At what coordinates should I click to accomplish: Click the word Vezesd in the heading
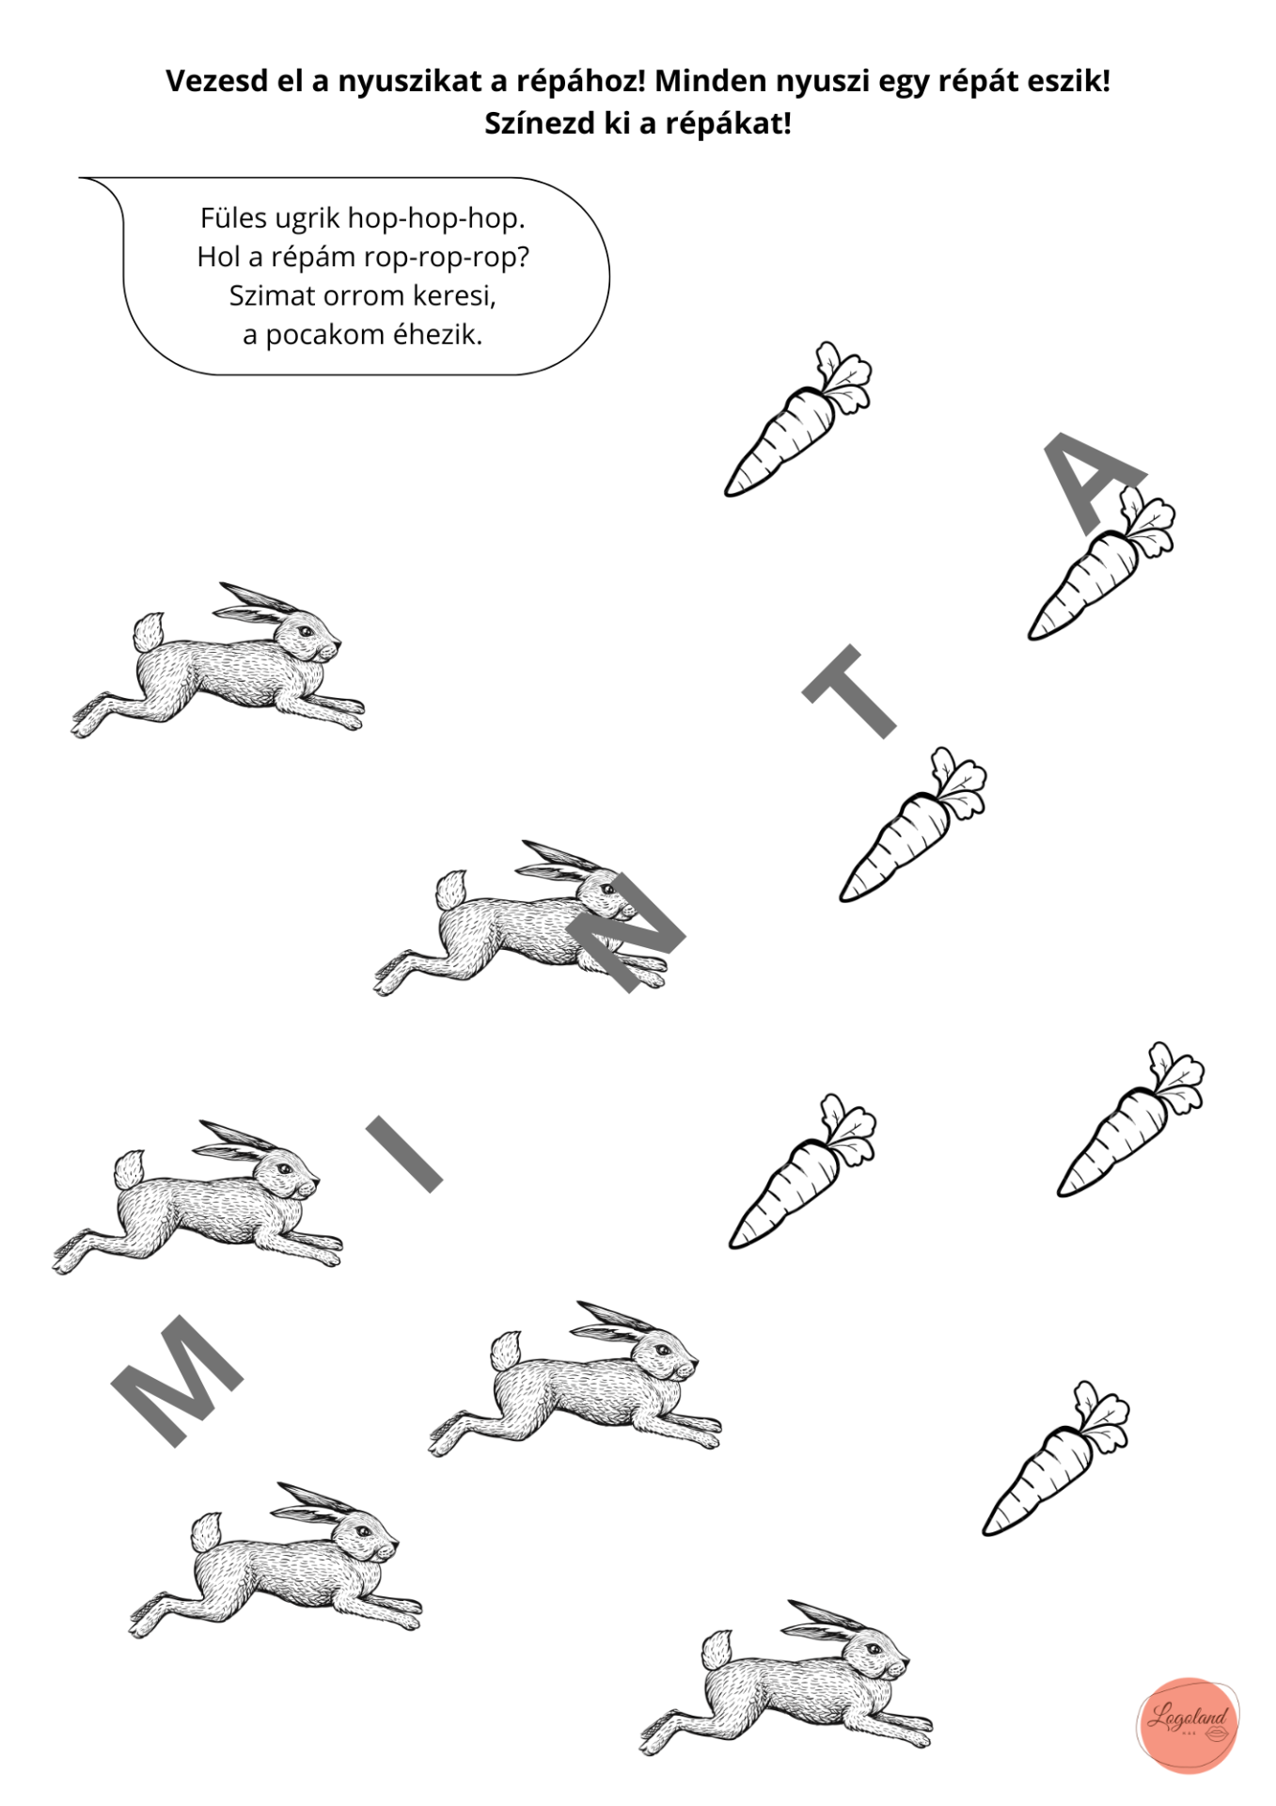click(211, 82)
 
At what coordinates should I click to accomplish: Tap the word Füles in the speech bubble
click(233, 218)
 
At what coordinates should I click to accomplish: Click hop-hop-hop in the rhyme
click(436, 219)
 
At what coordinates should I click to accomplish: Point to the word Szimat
click(272, 295)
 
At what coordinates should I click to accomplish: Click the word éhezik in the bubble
click(438, 334)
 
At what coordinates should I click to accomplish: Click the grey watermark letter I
click(403, 1153)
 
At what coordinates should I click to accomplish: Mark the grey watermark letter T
click(848, 691)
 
